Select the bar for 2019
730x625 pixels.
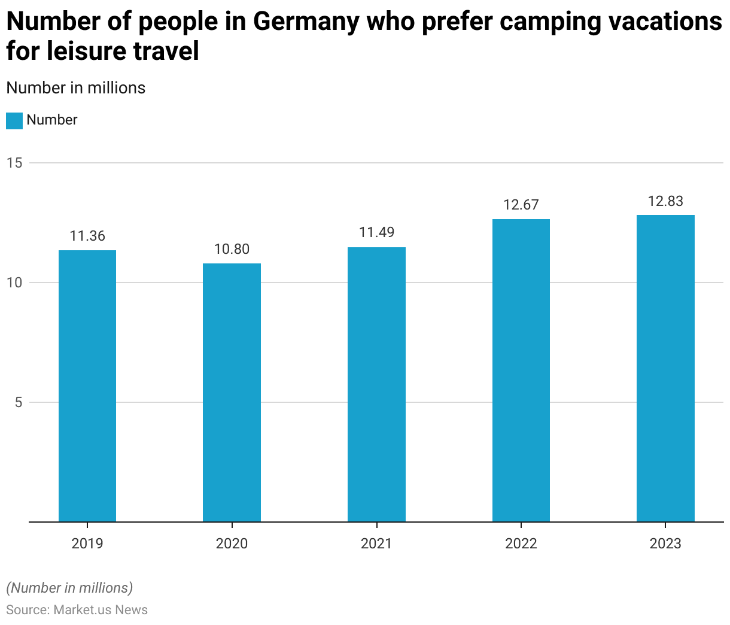click(87, 386)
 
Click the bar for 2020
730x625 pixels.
click(232, 393)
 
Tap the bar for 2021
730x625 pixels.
click(376, 384)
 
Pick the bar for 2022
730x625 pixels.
click(521, 371)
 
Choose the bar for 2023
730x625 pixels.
click(665, 368)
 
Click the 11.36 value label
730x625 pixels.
click(87, 236)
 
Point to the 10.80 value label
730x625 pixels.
click(232, 249)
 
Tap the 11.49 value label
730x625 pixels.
click(376, 232)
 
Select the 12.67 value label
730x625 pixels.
click(521, 205)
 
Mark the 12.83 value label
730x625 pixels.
click(665, 201)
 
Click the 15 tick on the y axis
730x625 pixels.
click(15, 163)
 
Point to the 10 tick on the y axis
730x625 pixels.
click(15, 283)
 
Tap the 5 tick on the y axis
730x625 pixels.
click(19, 402)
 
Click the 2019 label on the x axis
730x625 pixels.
click(87, 544)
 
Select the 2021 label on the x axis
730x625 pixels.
click(376, 544)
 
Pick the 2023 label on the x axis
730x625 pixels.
click(665, 544)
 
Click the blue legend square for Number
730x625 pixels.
click(14, 120)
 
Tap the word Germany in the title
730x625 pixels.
click(305, 22)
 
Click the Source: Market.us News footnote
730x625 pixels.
click(77, 609)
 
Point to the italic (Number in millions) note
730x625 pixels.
click(69, 588)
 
